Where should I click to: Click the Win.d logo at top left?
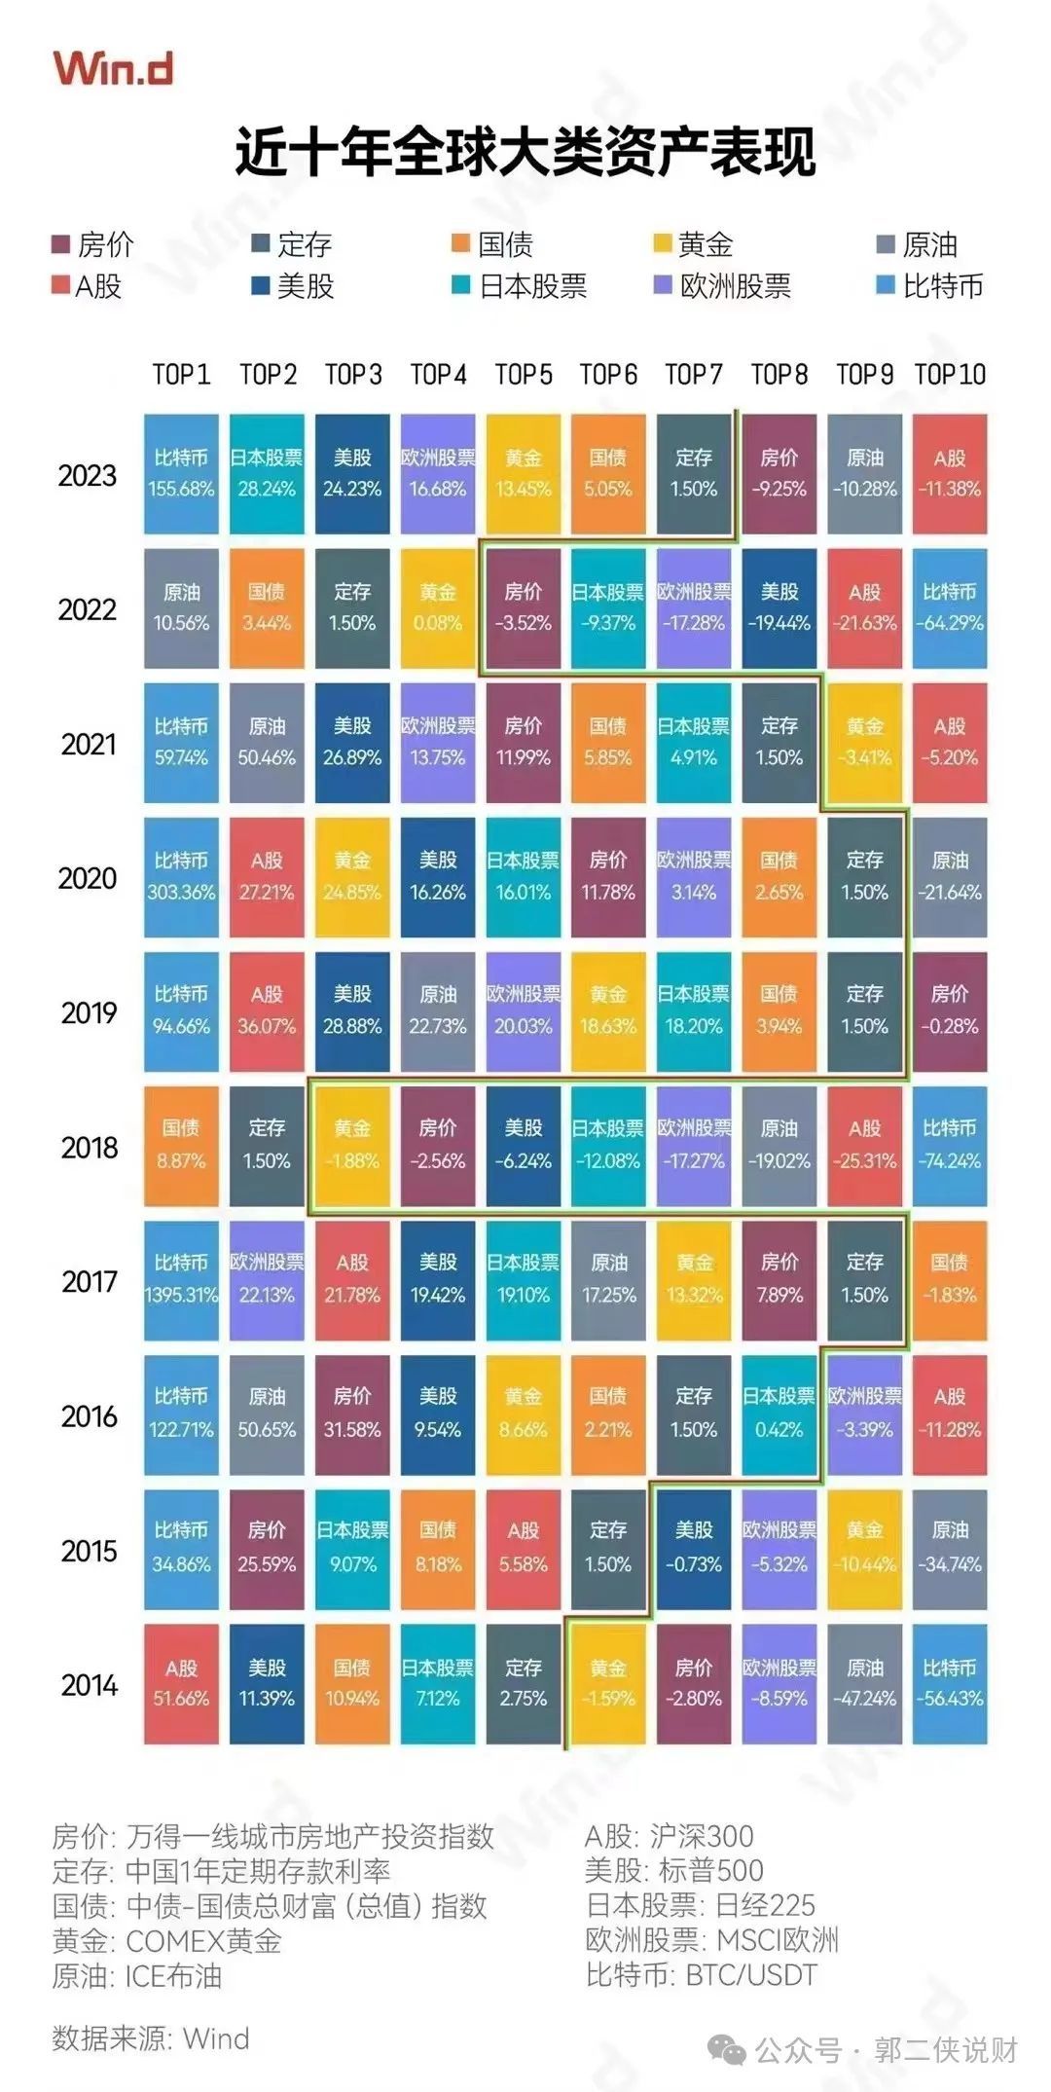click(113, 68)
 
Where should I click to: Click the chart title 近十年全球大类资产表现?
click(525, 153)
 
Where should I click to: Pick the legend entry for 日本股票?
click(521, 286)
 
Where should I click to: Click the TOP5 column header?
click(524, 375)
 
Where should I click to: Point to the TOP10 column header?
click(950, 375)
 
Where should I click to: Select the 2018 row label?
click(89, 1148)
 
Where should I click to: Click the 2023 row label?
click(88, 476)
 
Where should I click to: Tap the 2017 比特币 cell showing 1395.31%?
click(181, 1280)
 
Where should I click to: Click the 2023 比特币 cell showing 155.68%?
click(181, 474)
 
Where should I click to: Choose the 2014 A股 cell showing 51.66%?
click(181, 1684)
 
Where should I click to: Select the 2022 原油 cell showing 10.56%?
click(181, 608)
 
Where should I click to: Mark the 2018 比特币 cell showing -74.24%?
click(950, 1146)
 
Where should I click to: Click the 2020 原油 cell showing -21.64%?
click(950, 877)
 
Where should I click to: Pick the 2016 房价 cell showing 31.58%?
click(352, 1414)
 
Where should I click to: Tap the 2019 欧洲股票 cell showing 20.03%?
click(524, 1011)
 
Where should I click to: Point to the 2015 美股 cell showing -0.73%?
click(694, 1549)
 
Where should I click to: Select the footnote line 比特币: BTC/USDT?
click(701, 1975)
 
